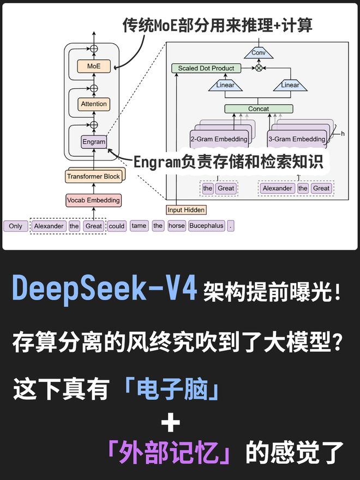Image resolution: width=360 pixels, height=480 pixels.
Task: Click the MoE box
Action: (x=94, y=67)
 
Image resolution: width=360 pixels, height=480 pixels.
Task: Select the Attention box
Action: (x=94, y=104)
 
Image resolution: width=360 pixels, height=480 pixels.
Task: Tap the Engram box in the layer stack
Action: (x=93, y=141)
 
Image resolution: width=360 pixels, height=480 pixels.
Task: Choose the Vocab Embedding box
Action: (x=93, y=200)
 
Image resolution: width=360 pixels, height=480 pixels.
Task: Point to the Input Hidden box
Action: (x=186, y=209)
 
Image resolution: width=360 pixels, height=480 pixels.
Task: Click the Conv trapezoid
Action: (x=259, y=53)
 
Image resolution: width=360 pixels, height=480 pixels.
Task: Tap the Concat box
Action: (x=258, y=109)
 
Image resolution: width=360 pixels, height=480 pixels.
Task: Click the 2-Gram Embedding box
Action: (x=218, y=139)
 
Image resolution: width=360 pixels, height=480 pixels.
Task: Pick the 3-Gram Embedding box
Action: (x=296, y=139)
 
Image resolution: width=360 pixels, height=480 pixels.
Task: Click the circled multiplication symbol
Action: (x=259, y=68)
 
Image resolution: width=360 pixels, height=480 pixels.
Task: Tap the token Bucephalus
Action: (x=207, y=226)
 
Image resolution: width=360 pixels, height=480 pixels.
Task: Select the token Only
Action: (x=16, y=226)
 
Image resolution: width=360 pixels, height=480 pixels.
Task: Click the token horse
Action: (x=176, y=226)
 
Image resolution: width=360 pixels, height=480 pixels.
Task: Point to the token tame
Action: (x=139, y=226)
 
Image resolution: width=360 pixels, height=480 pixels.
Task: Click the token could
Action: (x=116, y=226)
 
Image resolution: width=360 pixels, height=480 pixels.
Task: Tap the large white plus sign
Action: (x=170, y=423)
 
